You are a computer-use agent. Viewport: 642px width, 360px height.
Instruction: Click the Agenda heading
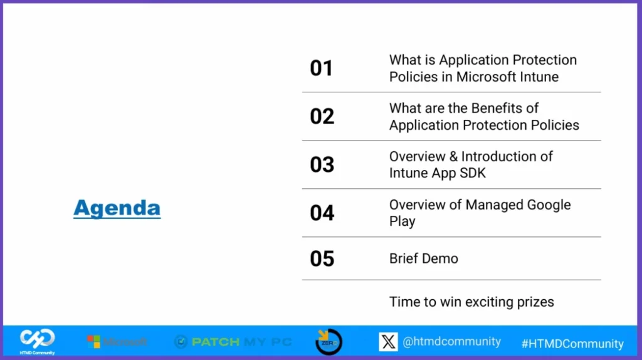(117, 208)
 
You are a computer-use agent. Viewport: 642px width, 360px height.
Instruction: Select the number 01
(322, 68)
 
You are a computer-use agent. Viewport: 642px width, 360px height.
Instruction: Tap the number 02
(322, 116)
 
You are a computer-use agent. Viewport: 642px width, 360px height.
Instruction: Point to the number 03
(322, 164)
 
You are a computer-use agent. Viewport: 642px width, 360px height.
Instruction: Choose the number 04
(322, 213)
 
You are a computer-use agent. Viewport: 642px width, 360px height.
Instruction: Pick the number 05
(322, 258)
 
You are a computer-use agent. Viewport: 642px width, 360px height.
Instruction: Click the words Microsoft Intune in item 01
(507, 77)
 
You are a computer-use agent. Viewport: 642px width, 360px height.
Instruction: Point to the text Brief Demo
(423, 258)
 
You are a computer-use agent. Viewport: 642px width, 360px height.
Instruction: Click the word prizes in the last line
(533, 302)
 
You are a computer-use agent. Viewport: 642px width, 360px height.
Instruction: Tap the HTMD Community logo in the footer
(37, 341)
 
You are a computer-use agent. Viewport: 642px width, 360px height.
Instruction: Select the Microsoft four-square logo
(93, 342)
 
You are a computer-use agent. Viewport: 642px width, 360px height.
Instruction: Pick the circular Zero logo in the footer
(329, 342)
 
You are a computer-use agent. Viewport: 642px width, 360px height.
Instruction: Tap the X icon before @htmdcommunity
(388, 342)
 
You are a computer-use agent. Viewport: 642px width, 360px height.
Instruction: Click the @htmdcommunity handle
(451, 342)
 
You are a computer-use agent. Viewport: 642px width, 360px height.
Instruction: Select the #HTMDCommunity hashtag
(572, 344)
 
